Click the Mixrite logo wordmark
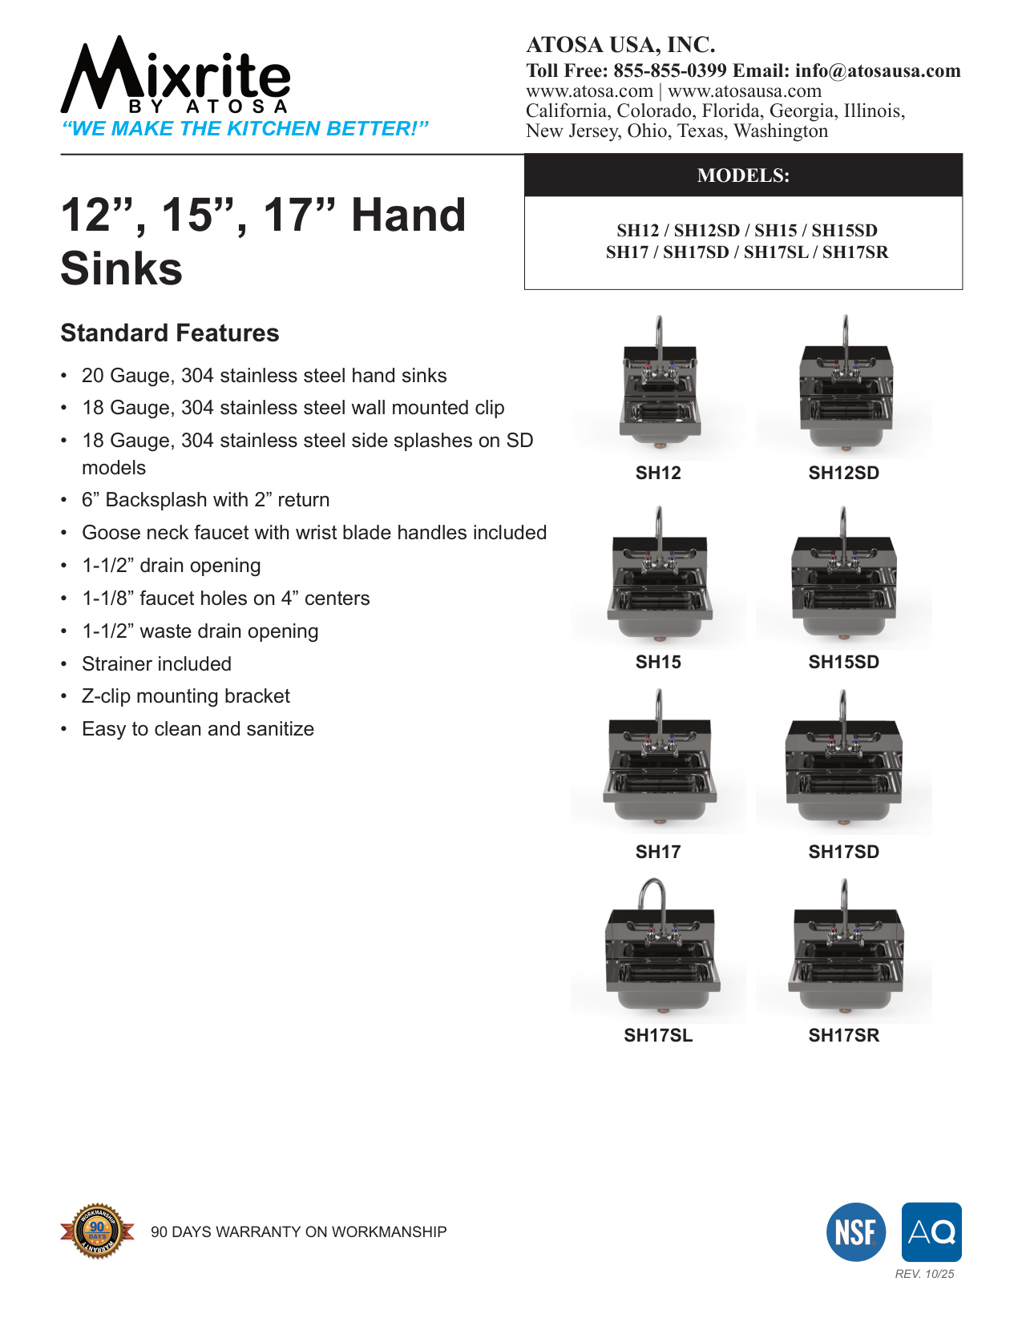coord(176,76)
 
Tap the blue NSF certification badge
coord(855,1232)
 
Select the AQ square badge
coord(931,1232)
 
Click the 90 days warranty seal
coord(97,1230)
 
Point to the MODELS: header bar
coord(743,175)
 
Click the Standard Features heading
coord(170,333)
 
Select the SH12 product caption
coord(658,473)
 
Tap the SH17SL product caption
coord(658,1035)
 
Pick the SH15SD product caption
coord(843,662)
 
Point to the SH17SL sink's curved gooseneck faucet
coord(652,897)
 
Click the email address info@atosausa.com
coord(878,71)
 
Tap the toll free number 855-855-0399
coord(670,71)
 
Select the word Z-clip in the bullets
coord(107,696)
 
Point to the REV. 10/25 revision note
coord(924,1274)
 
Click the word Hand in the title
coord(408,216)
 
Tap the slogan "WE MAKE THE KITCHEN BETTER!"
coord(245,129)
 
